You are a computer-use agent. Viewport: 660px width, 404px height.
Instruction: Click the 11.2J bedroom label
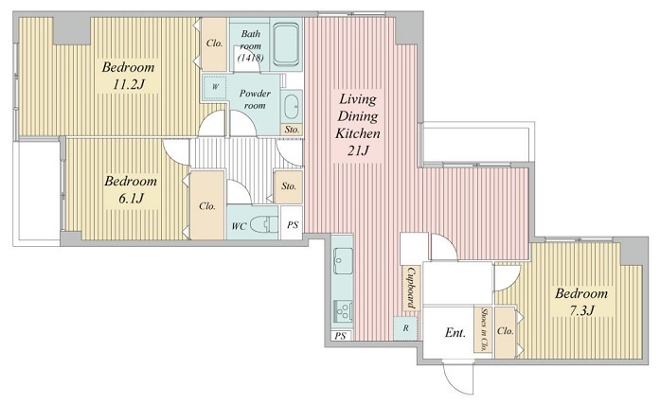pyautogui.click(x=129, y=76)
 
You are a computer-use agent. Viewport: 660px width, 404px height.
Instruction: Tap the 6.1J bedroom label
pyautogui.click(x=131, y=189)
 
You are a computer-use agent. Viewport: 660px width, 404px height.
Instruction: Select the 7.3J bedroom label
pyautogui.click(x=581, y=302)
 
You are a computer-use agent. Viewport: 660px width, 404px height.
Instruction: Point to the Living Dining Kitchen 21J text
pyautogui.click(x=358, y=125)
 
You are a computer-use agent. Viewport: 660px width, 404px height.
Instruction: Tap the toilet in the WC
pyautogui.click(x=264, y=225)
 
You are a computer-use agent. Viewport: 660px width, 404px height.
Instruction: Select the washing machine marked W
pyautogui.click(x=215, y=87)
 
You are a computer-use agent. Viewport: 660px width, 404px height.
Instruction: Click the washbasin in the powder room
pyautogui.click(x=291, y=107)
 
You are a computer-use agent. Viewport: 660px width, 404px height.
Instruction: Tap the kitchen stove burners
pyautogui.click(x=343, y=311)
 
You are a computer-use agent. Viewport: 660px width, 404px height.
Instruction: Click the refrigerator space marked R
pyautogui.click(x=406, y=328)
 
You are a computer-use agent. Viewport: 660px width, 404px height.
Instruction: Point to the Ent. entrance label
pyautogui.click(x=455, y=333)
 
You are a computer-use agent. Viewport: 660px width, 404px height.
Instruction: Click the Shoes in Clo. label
pyautogui.click(x=485, y=329)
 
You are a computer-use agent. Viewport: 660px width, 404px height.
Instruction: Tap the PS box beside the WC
pyautogui.click(x=292, y=224)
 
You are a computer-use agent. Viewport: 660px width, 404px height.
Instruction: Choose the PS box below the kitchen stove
pyautogui.click(x=341, y=336)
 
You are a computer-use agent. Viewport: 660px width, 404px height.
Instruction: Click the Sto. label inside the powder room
pyautogui.click(x=292, y=130)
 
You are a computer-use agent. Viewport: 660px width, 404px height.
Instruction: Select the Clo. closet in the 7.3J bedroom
pyautogui.click(x=505, y=332)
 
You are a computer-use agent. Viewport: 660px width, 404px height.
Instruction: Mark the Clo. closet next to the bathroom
pyautogui.click(x=215, y=44)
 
